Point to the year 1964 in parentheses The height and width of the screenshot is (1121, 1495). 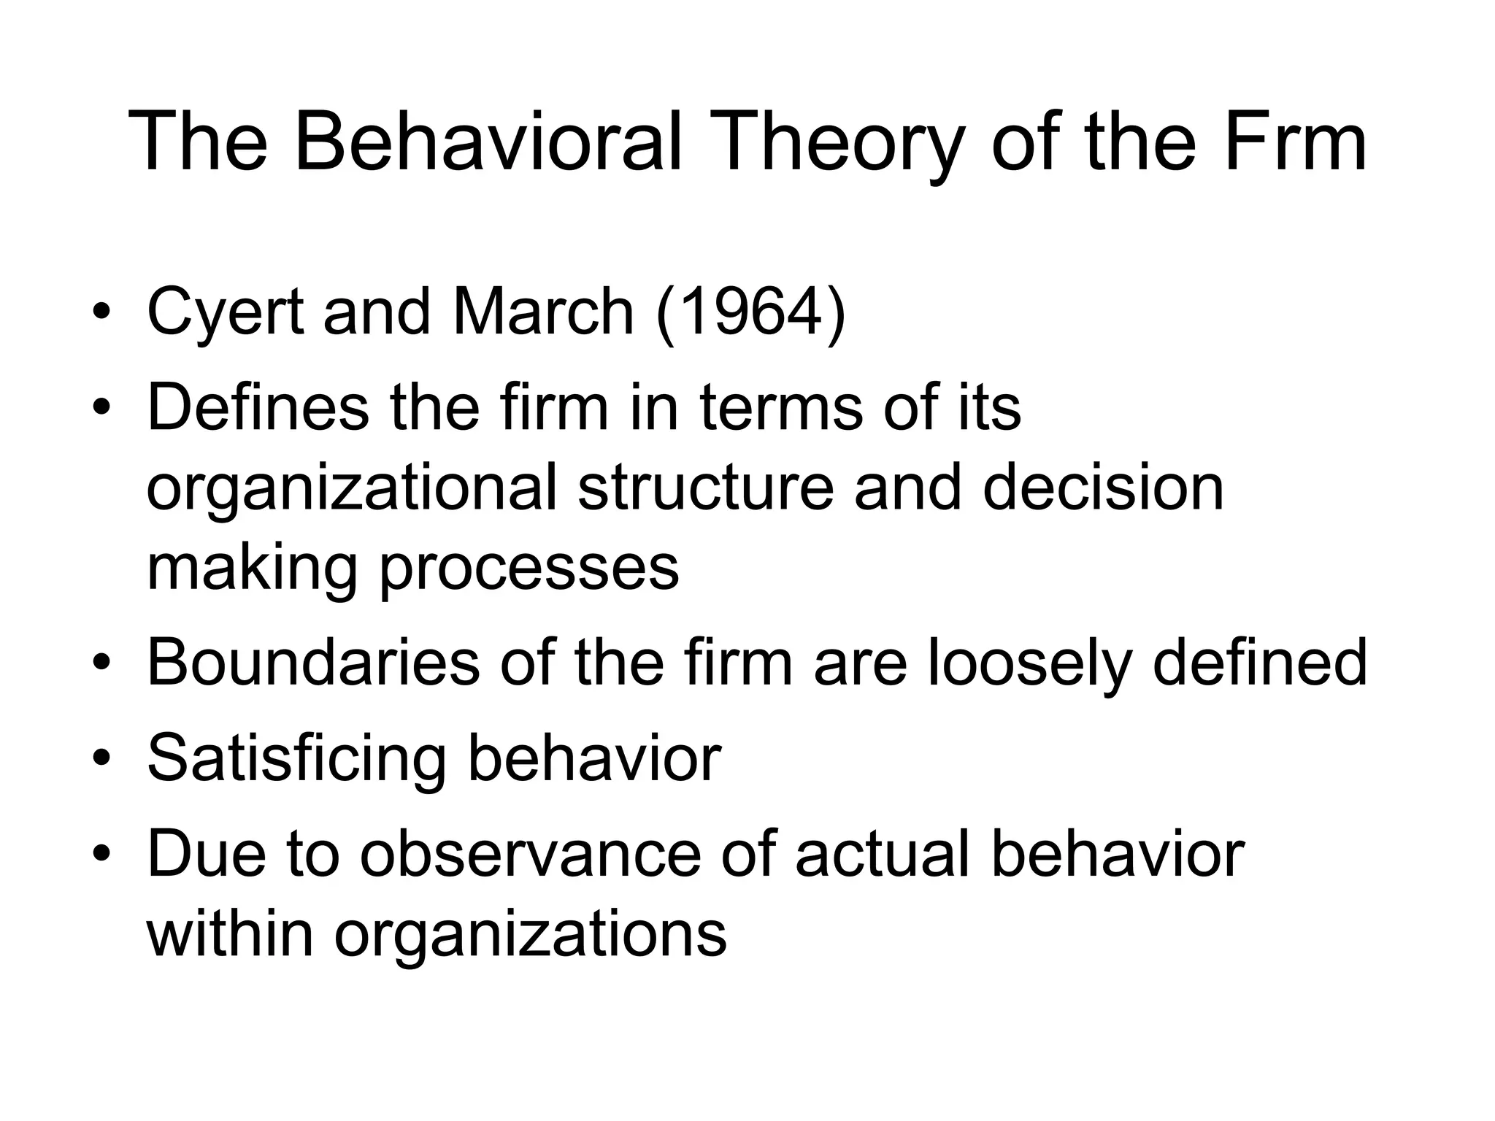click(x=750, y=312)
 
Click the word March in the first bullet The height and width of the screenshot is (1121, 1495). click(x=543, y=312)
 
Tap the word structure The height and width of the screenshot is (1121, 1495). click(x=705, y=488)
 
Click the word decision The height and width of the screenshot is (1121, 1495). click(x=1103, y=488)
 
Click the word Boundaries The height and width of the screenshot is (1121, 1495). click(x=313, y=663)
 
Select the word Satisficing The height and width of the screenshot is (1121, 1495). click(x=296, y=759)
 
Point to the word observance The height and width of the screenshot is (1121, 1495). click(x=530, y=854)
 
